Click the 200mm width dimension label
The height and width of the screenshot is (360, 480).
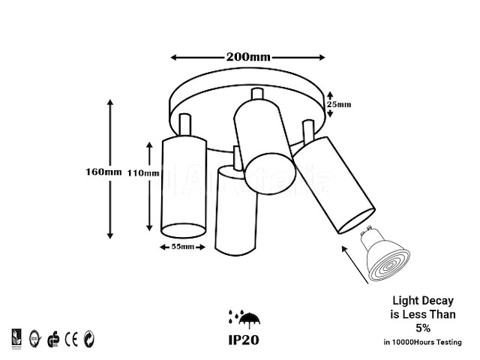point(247,57)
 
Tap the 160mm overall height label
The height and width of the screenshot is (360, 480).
point(103,172)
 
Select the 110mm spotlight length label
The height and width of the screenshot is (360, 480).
point(142,173)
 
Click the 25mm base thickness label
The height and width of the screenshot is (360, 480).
point(340,104)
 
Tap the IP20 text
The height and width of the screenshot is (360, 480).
point(244,340)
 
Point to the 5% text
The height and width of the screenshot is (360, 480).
point(424,328)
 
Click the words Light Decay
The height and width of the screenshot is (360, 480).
point(424,301)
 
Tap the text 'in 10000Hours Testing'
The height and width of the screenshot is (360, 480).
point(424,342)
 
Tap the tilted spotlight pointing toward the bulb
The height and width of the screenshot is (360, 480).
point(334,184)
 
